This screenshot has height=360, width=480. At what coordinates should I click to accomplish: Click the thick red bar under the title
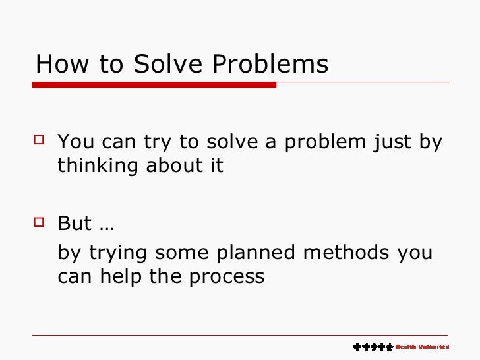coord(154,85)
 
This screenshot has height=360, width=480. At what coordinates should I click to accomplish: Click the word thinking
coord(97,165)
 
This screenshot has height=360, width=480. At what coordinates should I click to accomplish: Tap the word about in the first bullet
coord(169,165)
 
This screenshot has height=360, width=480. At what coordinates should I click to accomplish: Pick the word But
coord(75,224)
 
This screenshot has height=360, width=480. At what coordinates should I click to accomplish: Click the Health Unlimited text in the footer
coord(422,347)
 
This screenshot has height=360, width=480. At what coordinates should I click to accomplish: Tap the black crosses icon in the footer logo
coord(373,347)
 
